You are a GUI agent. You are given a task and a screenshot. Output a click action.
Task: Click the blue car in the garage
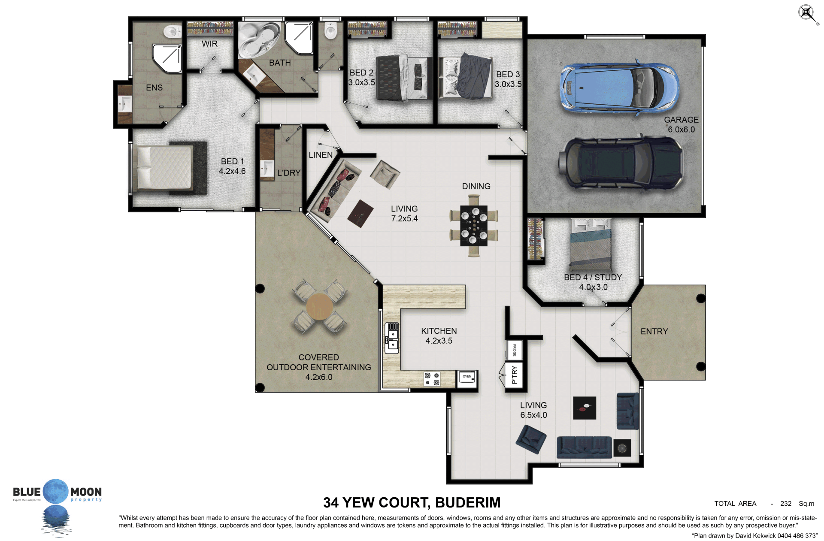click(619, 89)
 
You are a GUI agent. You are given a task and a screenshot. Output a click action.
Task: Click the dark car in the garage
click(620, 163)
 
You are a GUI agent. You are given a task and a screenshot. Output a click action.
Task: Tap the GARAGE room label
click(681, 120)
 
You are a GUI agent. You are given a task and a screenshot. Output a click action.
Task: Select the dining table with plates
click(474, 226)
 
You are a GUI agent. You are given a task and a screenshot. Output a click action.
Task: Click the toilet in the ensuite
click(172, 31)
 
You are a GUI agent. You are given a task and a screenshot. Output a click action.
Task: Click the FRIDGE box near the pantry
click(515, 350)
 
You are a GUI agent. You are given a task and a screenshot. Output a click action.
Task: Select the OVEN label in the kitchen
click(467, 377)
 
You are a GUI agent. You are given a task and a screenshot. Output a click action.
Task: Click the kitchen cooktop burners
click(432, 379)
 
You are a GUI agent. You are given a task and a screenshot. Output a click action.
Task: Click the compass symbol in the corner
click(807, 13)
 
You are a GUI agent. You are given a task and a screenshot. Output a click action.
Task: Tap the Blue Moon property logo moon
click(56, 491)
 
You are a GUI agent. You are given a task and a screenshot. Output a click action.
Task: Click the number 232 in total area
click(786, 504)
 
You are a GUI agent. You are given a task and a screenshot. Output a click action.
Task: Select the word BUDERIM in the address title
click(468, 502)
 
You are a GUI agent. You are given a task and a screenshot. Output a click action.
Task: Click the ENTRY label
click(654, 331)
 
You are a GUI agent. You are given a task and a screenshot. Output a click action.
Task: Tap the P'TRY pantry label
click(515, 375)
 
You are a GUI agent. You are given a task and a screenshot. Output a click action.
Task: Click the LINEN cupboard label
click(321, 155)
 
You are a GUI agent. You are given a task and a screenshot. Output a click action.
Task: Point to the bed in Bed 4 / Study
click(591, 244)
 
